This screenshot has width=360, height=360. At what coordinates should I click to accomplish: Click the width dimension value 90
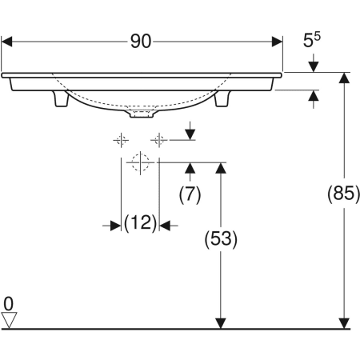141,42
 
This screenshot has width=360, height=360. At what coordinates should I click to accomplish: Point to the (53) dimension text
218,238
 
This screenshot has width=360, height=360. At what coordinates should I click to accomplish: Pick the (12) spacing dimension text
139,225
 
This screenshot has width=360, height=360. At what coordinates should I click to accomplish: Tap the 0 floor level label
9,303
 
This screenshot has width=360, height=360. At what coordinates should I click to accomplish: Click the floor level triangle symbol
10,319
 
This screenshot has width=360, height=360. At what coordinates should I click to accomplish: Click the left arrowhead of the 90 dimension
7,42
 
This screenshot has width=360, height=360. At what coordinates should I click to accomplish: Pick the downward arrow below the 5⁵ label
314,64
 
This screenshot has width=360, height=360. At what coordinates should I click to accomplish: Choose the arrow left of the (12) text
114,226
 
